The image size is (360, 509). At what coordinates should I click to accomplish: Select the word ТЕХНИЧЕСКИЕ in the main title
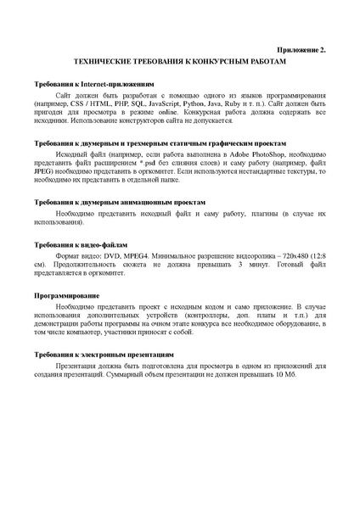click(104, 63)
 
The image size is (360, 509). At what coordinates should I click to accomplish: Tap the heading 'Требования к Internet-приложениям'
click(94, 87)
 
